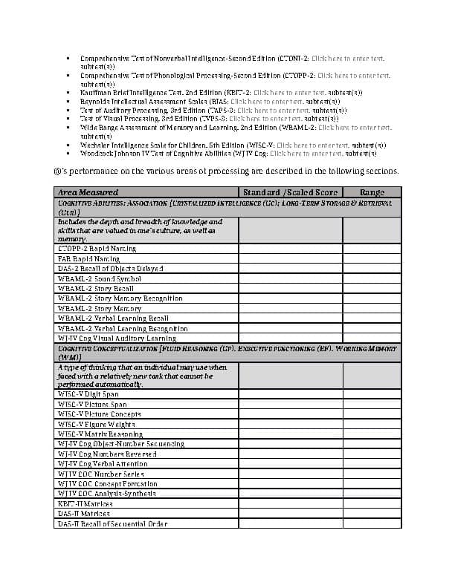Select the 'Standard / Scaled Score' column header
pyautogui.click(x=290, y=192)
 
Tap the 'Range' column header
pyautogui.click(x=372, y=192)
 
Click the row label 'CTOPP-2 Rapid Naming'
pyautogui.click(x=97, y=249)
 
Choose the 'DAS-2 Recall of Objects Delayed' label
pyautogui.click(x=111, y=268)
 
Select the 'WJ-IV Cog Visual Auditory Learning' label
pyautogui.click(x=117, y=339)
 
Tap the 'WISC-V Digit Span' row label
pyautogui.click(x=88, y=394)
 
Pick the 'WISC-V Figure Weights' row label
pyautogui.click(x=97, y=424)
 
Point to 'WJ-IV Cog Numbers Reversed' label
pyautogui.click(x=107, y=454)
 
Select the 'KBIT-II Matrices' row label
pyautogui.click(x=85, y=503)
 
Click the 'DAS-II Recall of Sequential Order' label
pyautogui.click(x=112, y=523)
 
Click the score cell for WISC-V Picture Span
pyautogui.click(x=290, y=405)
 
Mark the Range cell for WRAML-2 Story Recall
pyautogui.click(x=372, y=288)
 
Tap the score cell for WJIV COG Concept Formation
pyautogui.click(x=290, y=483)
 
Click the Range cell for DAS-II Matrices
pyautogui.click(x=372, y=514)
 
